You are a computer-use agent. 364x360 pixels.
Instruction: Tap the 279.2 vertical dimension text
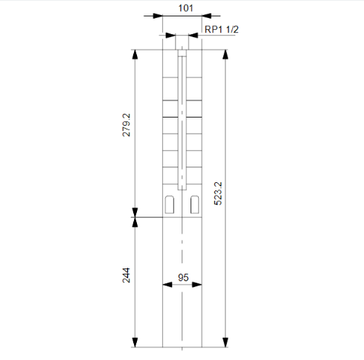click(x=127, y=124)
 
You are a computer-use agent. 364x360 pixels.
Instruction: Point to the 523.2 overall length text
click(x=217, y=192)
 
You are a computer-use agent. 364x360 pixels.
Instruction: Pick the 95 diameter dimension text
click(x=182, y=277)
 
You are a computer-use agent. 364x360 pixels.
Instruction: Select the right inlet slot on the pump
click(x=195, y=203)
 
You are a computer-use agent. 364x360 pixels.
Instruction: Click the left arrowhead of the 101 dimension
click(x=158, y=16)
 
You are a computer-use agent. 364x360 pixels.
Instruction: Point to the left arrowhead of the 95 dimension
click(x=167, y=286)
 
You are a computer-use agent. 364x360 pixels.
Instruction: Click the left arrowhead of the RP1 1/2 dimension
click(x=170, y=34)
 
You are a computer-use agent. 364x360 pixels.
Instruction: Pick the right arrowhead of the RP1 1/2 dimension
click(x=196, y=34)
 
